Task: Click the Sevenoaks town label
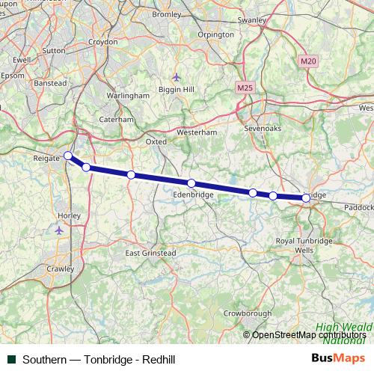[261, 129]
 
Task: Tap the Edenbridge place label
[193, 194]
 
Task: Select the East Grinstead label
[150, 254]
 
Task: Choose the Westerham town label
[196, 132]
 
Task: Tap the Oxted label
[156, 141]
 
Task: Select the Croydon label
[103, 43]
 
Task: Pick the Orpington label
[216, 34]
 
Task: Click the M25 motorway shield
[244, 88]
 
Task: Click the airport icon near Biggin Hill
[177, 76]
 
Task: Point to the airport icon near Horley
[60, 230]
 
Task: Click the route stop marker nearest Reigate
[68, 156]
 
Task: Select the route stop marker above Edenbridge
[191, 183]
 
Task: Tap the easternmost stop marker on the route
[306, 198]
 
